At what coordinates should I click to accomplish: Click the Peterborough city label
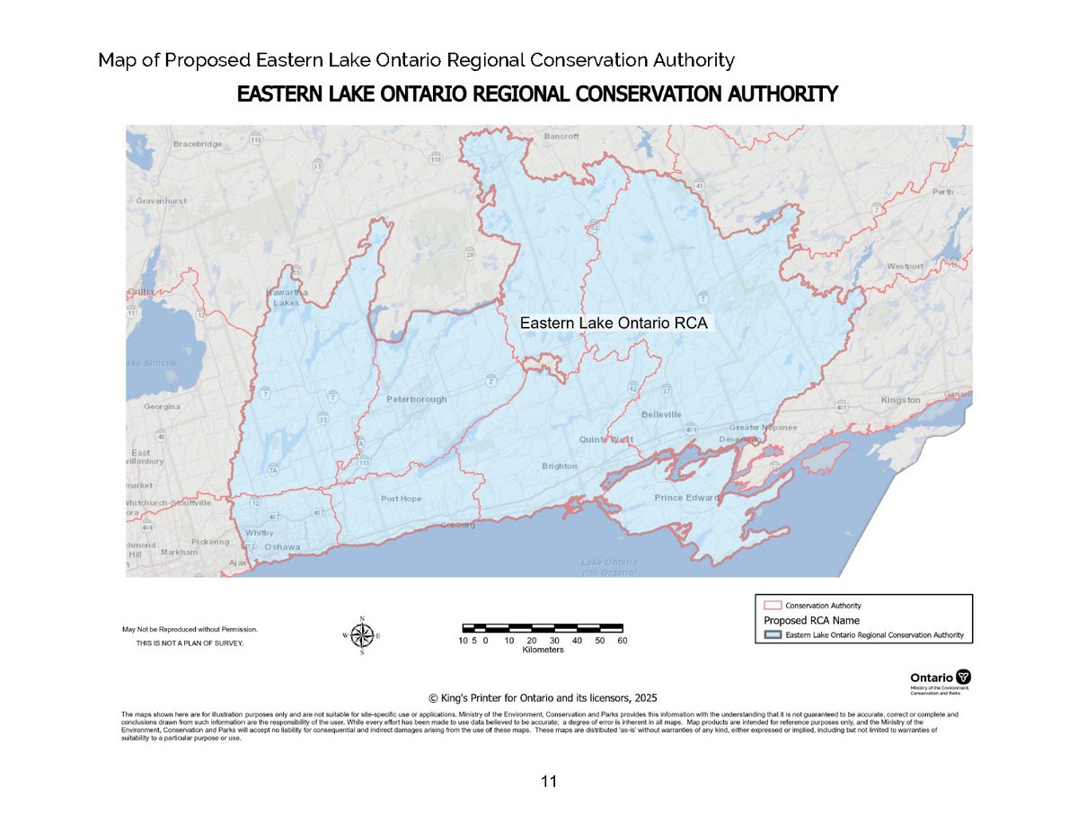416,399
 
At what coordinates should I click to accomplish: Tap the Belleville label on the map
661,414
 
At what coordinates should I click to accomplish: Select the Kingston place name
901,400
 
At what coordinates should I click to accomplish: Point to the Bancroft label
561,137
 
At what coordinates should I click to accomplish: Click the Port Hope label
402,499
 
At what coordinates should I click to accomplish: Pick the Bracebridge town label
198,143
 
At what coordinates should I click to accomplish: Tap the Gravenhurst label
162,200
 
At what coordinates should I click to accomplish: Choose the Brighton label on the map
560,466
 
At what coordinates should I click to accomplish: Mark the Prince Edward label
687,498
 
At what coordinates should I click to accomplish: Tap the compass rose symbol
362,635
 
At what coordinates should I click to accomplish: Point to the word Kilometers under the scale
543,649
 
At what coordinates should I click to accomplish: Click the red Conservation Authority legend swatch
773,605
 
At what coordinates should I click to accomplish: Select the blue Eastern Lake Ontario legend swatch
773,634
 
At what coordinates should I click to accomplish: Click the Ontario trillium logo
964,677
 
